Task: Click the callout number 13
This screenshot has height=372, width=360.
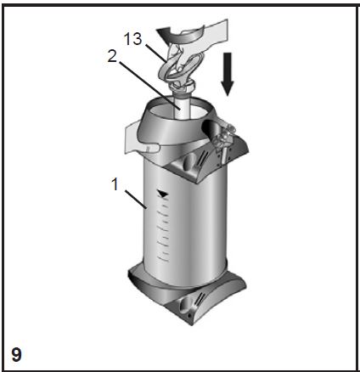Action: coord(132,39)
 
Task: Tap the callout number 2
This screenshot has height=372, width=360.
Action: coord(112,56)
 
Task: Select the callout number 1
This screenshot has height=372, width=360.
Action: coord(115,184)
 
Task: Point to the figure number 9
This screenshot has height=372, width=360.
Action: coord(16,354)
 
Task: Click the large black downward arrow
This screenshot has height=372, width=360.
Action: coord(228,74)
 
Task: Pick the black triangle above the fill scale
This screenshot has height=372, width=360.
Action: coord(163,194)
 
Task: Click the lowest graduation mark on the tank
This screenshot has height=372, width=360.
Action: coord(163,257)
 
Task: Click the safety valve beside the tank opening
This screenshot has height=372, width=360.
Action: coord(222,143)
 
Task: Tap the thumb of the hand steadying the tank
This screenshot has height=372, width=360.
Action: coord(151,148)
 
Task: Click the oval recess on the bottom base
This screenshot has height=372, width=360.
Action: coord(185,306)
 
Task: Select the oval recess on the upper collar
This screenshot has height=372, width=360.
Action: coord(188,162)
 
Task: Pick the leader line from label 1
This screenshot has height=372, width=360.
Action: coord(136,200)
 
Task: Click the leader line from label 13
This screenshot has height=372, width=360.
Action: coord(155,53)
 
